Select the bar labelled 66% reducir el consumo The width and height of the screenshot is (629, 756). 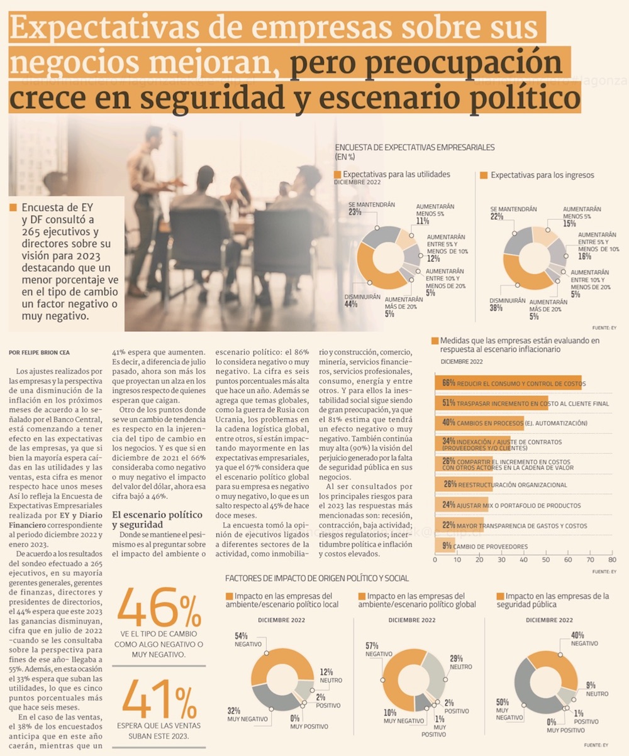click(x=508, y=383)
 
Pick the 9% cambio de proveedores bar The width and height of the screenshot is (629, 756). click(x=445, y=545)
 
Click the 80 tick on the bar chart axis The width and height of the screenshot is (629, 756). click(x=611, y=559)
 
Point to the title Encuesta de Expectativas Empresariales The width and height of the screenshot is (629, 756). click(x=415, y=148)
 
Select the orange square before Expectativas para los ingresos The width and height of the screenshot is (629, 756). click(x=484, y=175)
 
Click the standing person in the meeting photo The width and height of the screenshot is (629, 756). click(x=148, y=201)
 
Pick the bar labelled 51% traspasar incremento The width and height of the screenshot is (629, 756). click(x=491, y=403)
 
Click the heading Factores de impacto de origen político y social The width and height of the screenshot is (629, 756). click(x=317, y=578)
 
